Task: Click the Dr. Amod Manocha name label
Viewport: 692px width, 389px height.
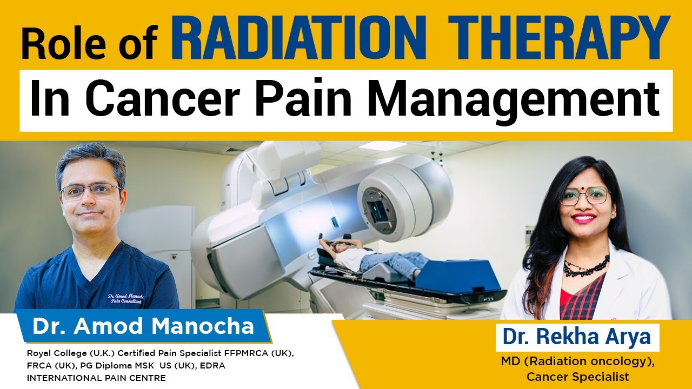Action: (143, 326)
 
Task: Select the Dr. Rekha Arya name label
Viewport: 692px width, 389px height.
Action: (577, 337)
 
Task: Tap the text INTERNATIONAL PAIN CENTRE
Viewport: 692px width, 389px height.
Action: (96, 378)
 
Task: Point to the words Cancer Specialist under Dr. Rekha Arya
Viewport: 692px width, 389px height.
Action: (578, 377)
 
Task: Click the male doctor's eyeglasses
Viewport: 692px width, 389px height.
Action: (90, 191)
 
